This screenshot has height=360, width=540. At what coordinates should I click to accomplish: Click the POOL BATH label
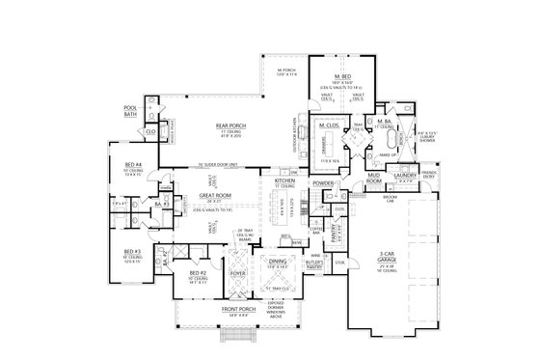130,110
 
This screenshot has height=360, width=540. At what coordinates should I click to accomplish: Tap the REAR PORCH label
219,124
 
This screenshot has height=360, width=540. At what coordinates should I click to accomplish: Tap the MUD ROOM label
377,178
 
